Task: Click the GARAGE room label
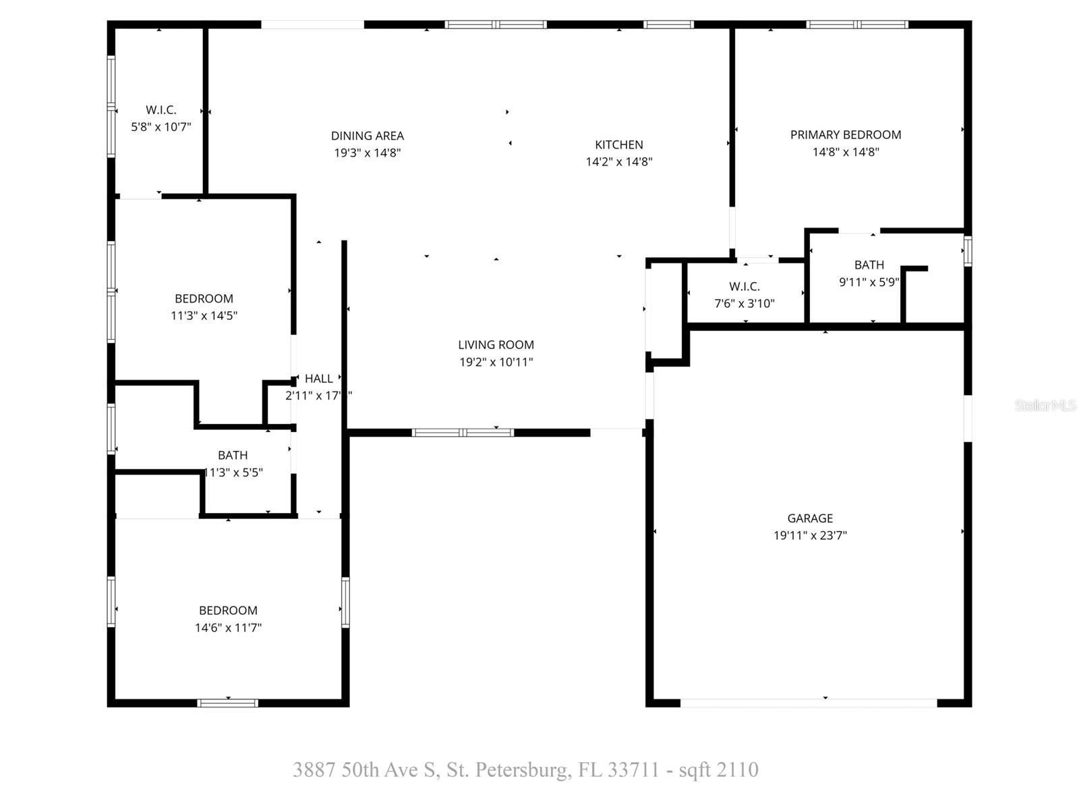tap(810, 518)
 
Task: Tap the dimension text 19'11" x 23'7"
tap(810, 536)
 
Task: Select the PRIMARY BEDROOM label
tap(846, 135)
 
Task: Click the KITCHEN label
tap(619, 145)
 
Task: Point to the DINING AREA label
tap(368, 136)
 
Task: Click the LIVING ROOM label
tap(496, 345)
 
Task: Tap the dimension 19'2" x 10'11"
tap(496, 362)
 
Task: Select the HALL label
tap(318, 379)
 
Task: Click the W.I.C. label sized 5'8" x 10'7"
tap(161, 110)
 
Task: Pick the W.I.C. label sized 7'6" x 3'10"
tap(745, 287)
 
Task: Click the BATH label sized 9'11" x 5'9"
tap(869, 265)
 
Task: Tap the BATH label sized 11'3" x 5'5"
tap(233, 456)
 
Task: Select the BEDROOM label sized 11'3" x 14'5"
tap(204, 298)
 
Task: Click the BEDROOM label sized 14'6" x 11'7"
tap(228, 610)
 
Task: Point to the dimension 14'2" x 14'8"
tap(619, 162)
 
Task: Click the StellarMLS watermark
tap(1045, 406)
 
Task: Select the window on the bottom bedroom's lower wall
tap(228, 703)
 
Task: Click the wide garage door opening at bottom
tap(808, 703)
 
